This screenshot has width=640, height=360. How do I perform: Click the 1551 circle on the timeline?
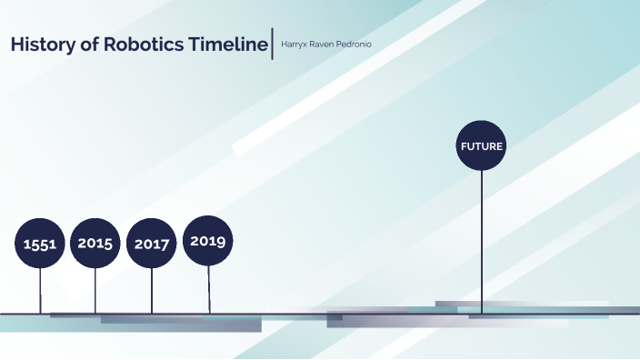click(x=40, y=244)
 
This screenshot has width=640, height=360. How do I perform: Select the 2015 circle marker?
click(x=95, y=243)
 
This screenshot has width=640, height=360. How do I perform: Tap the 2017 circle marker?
click(x=152, y=244)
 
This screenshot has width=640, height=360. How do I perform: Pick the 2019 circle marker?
click(x=208, y=241)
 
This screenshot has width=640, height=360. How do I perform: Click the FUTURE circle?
click(x=482, y=145)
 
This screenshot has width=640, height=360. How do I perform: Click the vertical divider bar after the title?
click(x=273, y=45)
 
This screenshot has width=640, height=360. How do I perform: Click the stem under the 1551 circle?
click(x=40, y=291)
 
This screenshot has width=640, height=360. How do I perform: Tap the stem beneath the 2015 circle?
click(x=95, y=291)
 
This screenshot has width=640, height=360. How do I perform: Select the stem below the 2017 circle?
click(x=152, y=291)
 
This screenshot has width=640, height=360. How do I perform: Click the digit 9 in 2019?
click(x=224, y=241)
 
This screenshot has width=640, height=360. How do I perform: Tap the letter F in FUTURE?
click(x=464, y=145)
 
